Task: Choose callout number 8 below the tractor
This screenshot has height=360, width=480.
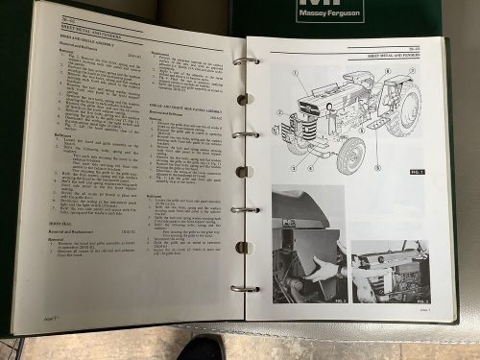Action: click(x=377, y=168)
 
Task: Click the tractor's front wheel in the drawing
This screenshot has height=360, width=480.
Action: click(x=351, y=154)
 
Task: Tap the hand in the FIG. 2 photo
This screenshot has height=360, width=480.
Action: click(x=324, y=271)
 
